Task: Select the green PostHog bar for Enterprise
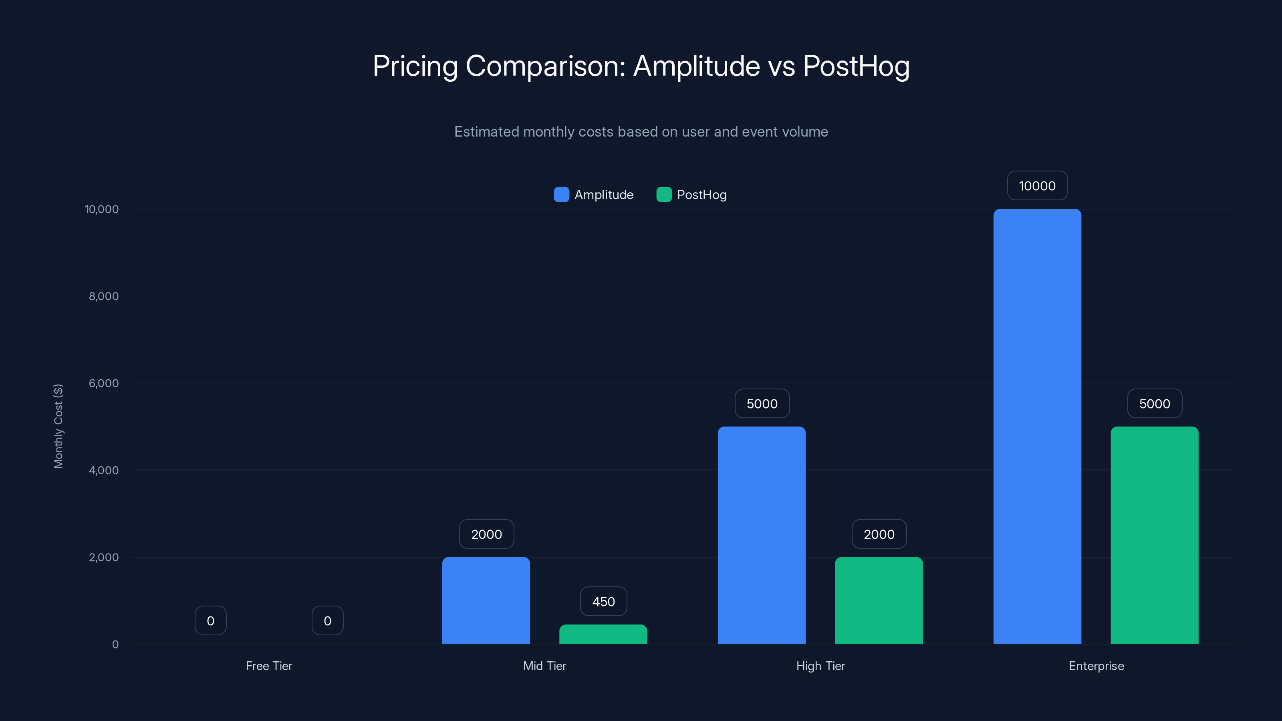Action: (1154, 535)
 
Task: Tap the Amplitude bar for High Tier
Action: (762, 535)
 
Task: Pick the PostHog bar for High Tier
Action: (879, 600)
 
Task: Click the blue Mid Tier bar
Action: (486, 600)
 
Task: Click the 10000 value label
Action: (1037, 185)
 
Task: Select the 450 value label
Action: (603, 602)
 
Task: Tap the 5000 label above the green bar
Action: (1154, 403)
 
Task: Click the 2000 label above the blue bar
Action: (486, 534)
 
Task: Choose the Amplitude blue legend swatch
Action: (561, 195)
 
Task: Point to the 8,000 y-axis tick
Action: (103, 296)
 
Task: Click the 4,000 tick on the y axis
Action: (103, 470)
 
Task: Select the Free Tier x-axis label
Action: (269, 666)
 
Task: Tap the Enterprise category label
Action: (1096, 666)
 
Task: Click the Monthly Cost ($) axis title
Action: (58, 426)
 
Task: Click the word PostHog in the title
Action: (856, 66)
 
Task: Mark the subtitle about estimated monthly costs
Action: (641, 132)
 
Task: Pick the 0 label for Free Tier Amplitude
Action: (210, 620)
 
